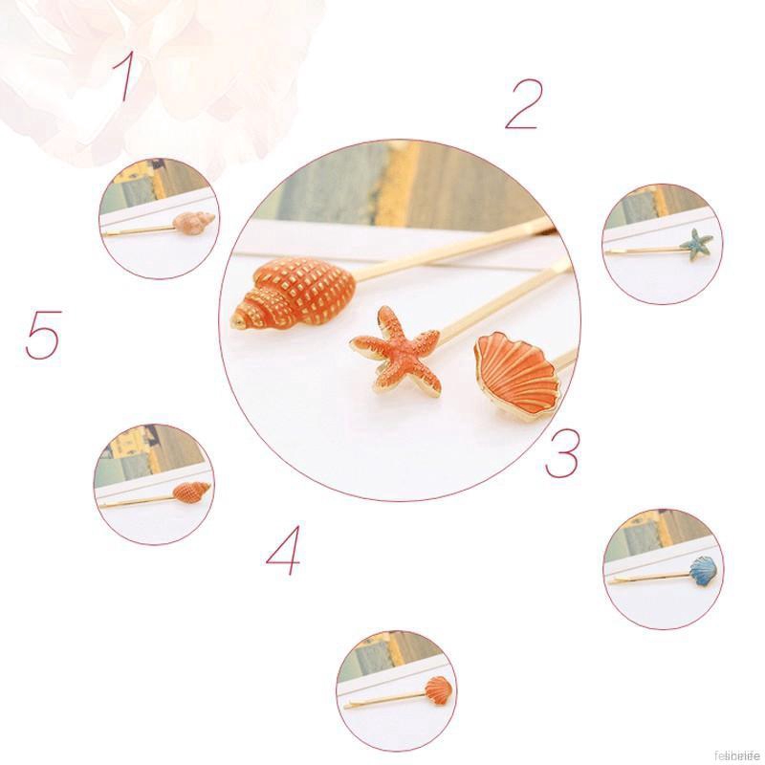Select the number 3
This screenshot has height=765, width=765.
point(562,453)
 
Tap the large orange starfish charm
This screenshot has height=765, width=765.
point(400,350)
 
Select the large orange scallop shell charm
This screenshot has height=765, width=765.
point(516,372)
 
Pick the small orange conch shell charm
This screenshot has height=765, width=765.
point(191,492)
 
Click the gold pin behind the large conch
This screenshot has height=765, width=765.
point(449,251)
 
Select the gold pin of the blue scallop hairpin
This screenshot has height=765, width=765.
point(645,578)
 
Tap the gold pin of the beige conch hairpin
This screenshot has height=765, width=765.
point(139,230)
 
